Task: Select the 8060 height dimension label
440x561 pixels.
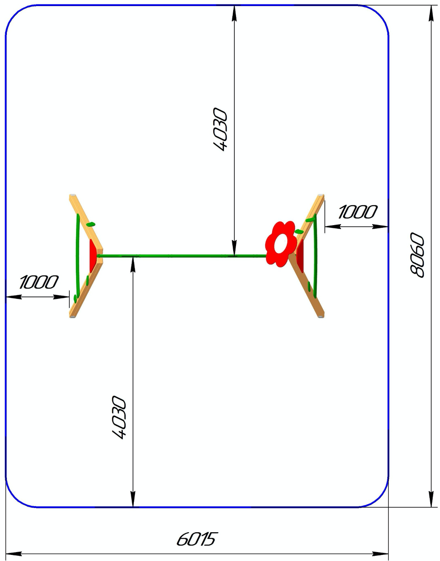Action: coord(417,255)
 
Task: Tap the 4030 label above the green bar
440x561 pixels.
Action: coord(221,129)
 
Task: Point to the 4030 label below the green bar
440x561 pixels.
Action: coord(119,417)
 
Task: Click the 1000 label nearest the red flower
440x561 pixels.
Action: coord(357,212)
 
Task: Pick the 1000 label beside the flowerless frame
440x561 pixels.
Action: coord(39,282)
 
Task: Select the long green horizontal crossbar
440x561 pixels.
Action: coord(182,256)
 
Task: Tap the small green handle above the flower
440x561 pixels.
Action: coord(299,231)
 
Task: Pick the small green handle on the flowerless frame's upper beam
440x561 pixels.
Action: coord(91,224)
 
